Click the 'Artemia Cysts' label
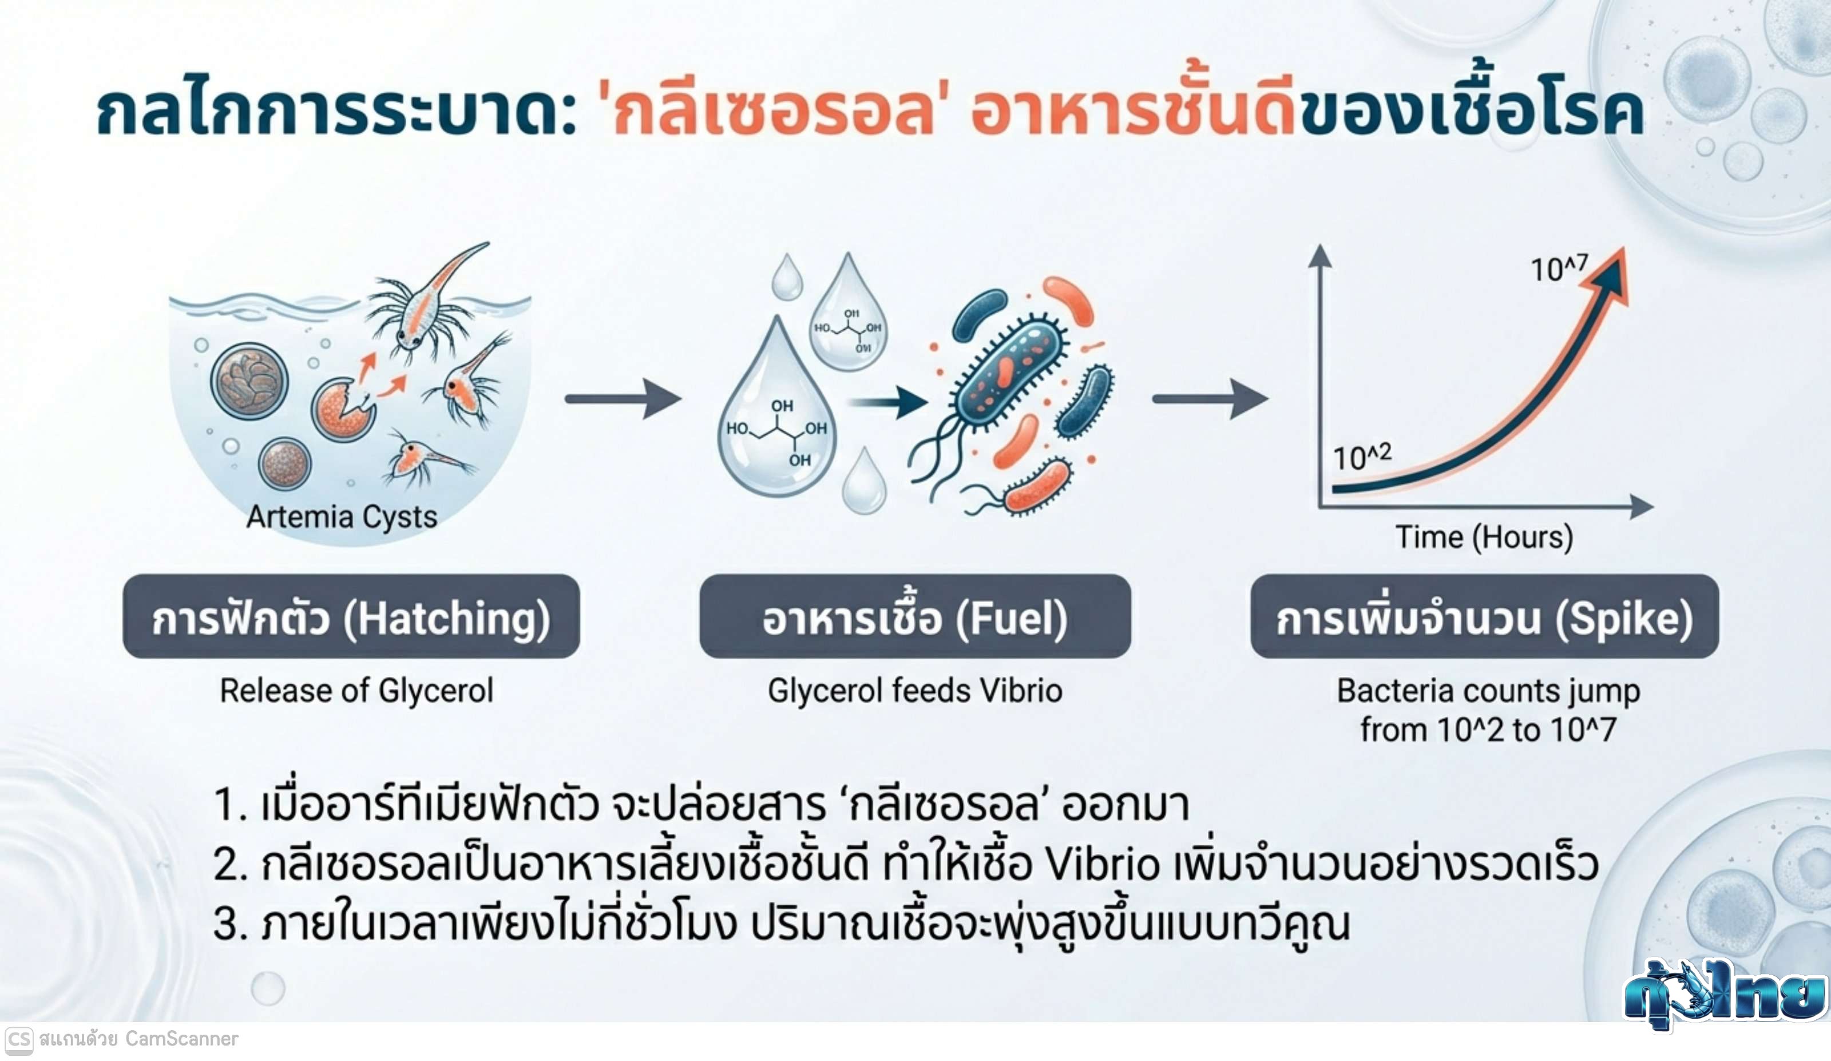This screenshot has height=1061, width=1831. point(342,517)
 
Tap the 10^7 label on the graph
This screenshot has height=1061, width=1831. point(1559,268)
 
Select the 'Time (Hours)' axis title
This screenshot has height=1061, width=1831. point(1484,537)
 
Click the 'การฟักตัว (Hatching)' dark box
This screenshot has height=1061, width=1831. point(351,617)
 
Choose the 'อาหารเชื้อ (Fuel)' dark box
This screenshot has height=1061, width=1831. point(915,617)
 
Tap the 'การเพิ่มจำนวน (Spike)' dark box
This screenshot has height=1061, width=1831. point(1484,617)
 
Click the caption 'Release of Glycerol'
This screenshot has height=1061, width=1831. point(356,690)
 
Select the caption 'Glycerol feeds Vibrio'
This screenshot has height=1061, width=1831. point(915,690)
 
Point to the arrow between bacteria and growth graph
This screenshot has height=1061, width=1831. point(1210,398)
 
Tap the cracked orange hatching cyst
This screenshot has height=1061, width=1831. point(342,410)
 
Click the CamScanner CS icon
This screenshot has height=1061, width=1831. point(18,1040)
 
